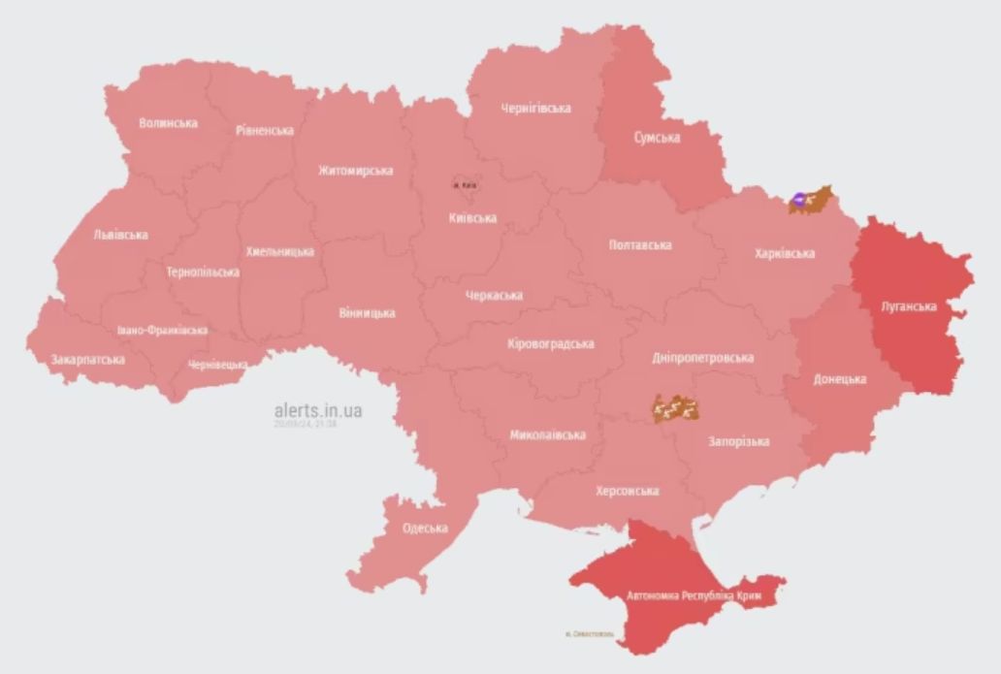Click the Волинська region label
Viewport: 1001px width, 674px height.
168,123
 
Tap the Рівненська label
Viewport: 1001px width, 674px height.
264,130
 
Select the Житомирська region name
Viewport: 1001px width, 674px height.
355,171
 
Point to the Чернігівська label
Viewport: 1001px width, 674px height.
535,109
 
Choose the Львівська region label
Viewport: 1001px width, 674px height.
120,235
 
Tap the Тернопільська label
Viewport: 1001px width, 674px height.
203,273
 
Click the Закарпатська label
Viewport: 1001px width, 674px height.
87,360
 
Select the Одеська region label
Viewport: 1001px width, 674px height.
425,529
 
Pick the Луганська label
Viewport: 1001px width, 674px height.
908,306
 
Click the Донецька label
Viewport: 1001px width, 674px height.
840,379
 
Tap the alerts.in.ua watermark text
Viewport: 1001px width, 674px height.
318,411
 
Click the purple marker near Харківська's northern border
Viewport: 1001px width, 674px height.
797,200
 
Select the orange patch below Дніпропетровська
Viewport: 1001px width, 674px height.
677,410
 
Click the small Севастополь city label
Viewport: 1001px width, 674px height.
590,634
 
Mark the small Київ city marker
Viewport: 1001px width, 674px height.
465,184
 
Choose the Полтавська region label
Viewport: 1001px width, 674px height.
640,245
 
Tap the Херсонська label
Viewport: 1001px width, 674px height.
627,492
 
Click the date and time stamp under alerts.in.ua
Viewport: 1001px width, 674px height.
305,424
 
